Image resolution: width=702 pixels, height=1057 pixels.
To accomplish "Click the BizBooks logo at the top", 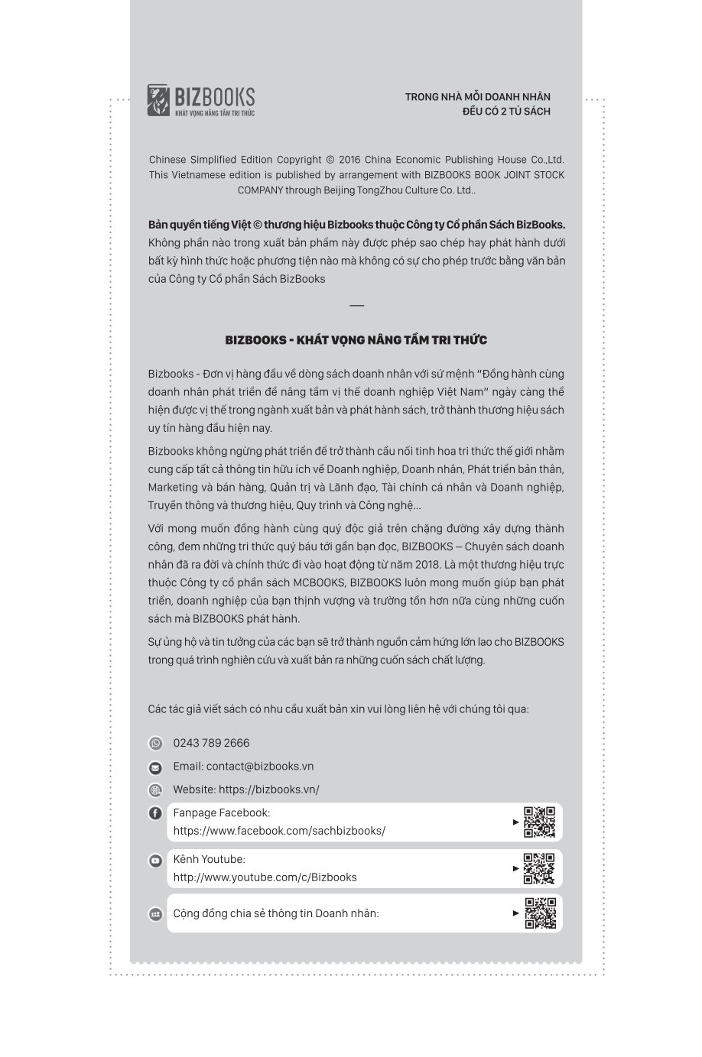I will tap(200, 100).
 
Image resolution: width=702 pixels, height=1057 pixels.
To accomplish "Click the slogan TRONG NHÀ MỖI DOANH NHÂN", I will tap(477, 97).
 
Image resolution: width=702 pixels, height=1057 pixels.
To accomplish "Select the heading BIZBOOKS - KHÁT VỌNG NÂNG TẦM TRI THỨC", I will tap(356, 340).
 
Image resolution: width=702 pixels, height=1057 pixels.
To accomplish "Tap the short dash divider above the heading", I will tap(356, 306).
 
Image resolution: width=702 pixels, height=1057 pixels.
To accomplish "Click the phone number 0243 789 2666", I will tap(211, 743).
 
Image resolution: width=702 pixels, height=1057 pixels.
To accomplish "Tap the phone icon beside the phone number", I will tap(155, 744).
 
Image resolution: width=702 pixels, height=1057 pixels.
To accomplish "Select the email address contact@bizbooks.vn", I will tap(259, 767).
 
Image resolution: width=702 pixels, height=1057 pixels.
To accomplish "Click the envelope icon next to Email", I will tap(155, 767).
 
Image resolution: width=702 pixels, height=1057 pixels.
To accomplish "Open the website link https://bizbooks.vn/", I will tap(268, 790).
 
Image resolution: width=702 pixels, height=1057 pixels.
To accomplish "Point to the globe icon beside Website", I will tap(155, 790).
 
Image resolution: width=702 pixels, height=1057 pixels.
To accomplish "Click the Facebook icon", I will tap(155, 813).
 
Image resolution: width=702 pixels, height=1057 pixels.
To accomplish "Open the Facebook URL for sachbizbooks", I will tap(279, 831).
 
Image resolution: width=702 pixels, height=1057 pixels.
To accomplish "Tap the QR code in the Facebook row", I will tap(539, 822).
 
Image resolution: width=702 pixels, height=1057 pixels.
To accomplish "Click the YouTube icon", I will tap(155, 861).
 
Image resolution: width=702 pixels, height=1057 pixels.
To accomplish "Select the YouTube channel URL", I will tap(265, 877).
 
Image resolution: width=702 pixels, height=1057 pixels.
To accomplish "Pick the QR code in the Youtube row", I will tap(539, 868).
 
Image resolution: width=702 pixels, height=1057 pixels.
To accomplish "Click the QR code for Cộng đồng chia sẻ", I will tap(540, 913).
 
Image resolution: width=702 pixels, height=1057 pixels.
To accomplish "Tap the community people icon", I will tap(155, 914).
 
